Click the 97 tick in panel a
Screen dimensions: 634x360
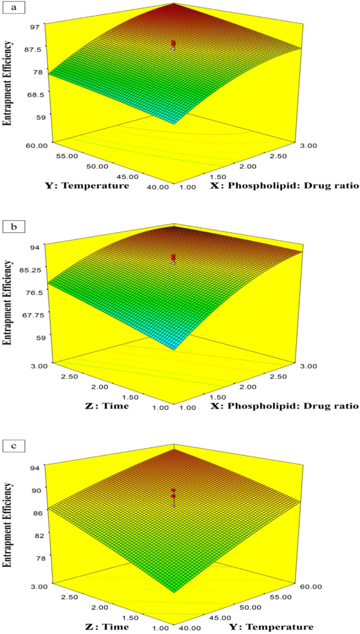tap(38, 24)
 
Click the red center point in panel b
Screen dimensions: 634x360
tap(173, 257)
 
